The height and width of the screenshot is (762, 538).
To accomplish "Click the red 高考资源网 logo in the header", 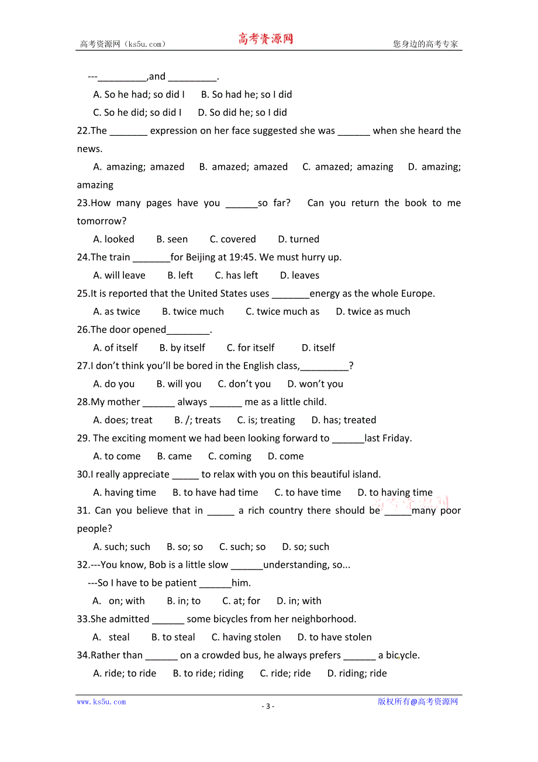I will point(265,39).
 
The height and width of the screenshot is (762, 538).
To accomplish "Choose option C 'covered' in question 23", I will point(233,239).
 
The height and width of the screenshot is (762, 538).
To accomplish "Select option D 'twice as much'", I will point(373,311).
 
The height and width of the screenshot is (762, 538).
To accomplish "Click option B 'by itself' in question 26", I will point(182,348).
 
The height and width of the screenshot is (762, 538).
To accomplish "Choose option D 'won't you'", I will point(315,384).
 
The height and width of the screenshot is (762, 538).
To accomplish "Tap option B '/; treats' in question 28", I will point(198,420).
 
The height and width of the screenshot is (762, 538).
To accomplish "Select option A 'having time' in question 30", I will point(125,493).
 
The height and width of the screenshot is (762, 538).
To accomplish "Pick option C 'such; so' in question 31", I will point(242,547).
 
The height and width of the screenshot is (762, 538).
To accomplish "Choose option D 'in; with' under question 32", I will point(299,601).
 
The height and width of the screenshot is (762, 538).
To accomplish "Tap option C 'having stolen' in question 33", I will point(246,637).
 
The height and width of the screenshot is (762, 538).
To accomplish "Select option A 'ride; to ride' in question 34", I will point(125,674).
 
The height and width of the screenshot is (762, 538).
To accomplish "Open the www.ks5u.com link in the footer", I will point(101,702).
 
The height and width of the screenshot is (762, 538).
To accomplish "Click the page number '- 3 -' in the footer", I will point(268,706).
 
